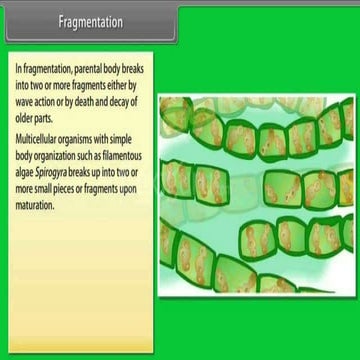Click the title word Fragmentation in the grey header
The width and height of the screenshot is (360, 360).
(89, 23)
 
